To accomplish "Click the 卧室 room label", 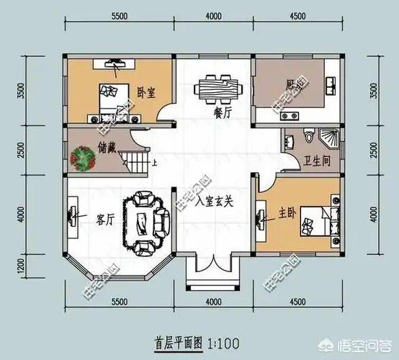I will tap(147, 92).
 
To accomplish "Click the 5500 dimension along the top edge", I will tap(120, 16).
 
